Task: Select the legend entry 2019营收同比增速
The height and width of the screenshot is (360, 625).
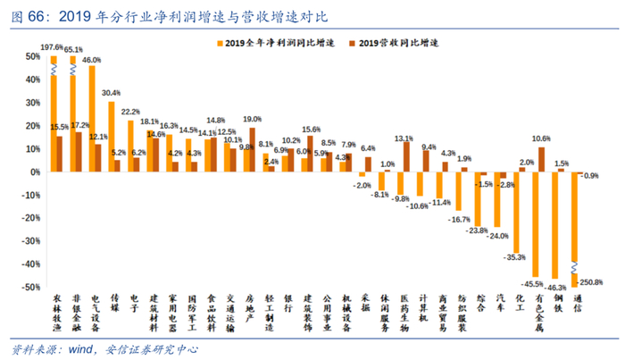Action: pyautogui.click(x=411, y=43)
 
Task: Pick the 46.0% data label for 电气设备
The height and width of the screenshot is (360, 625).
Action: pyautogui.click(x=92, y=60)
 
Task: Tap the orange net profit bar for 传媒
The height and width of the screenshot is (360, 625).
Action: pyautogui.click(x=111, y=136)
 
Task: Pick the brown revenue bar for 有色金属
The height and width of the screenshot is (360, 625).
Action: pyautogui.click(x=542, y=159)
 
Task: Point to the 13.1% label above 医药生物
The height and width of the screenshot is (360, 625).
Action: pyautogui.click(x=404, y=138)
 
